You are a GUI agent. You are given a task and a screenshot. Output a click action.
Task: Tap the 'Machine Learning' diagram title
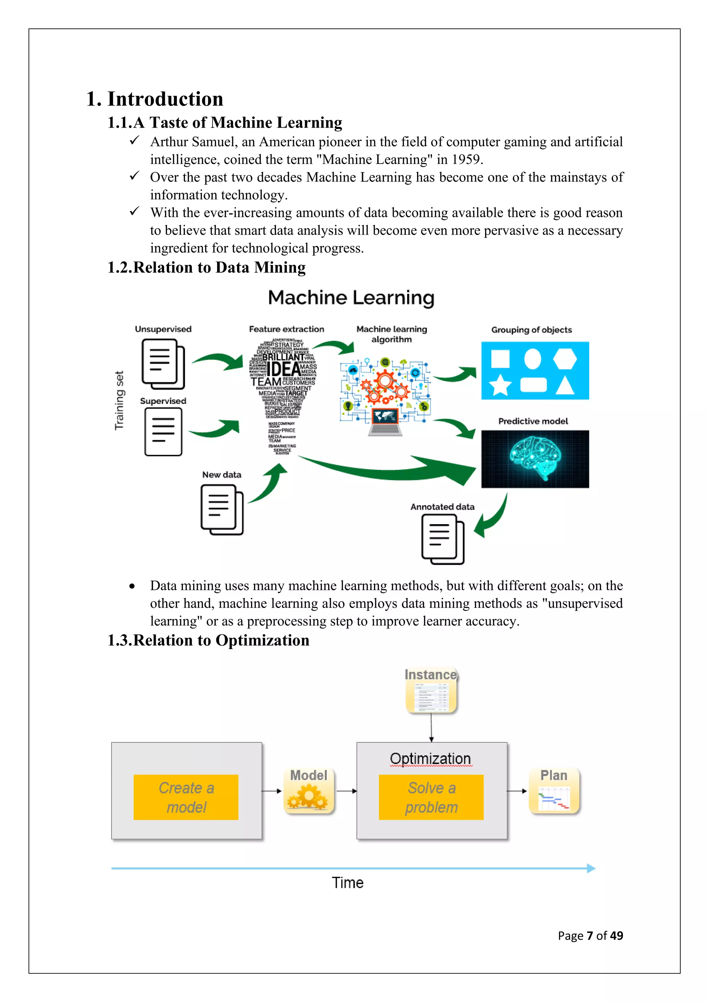[351, 298]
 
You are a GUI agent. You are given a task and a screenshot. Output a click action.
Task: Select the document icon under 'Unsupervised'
[163, 364]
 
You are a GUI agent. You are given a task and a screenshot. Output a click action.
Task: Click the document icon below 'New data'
[221, 510]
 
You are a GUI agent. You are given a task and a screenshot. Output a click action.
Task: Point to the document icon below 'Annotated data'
[442, 539]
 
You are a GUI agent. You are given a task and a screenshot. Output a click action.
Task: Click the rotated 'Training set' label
[119, 400]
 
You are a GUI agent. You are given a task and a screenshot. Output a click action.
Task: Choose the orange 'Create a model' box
[186, 797]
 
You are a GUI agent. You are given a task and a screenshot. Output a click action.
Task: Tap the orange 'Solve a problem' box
[431, 797]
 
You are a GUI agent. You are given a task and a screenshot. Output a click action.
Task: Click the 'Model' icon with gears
[309, 791]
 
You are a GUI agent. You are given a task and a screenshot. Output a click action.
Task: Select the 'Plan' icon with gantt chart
[554, 791]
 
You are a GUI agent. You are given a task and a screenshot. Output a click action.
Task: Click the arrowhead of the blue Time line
[591, 868]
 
